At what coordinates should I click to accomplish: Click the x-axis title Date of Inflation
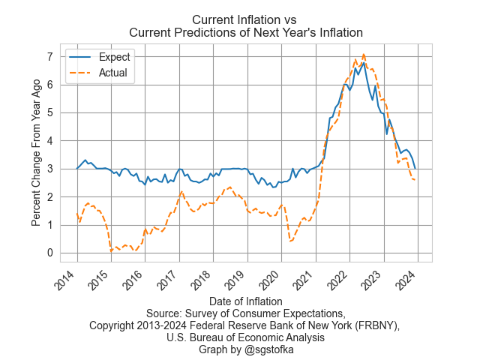[246, 301]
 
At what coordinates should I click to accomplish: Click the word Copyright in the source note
[115, 325]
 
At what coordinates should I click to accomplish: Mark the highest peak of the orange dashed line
[364, 54]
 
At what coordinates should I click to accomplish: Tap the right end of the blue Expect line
[415, 168]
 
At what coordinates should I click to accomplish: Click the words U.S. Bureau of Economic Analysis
[246, 337]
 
